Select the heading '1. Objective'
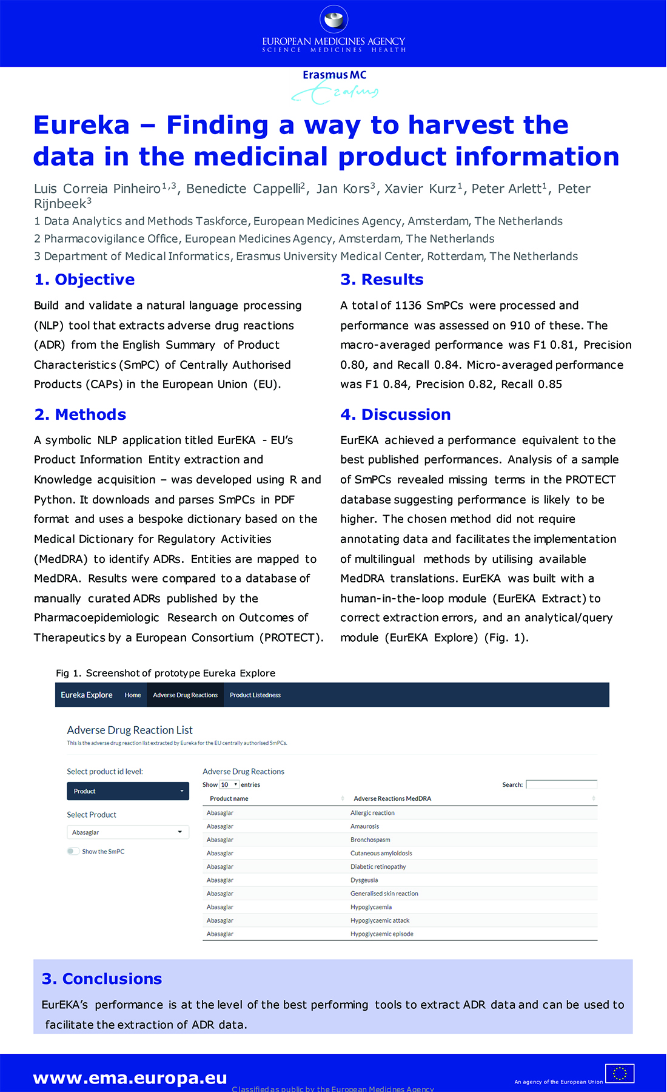click(84, 280)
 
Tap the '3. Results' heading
click(382, 280)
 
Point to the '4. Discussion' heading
click(395, 414)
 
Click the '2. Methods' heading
click(80, 414)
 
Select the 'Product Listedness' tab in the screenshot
click(255, 695)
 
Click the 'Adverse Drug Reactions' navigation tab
click(185, 695)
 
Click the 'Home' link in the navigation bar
click(133, 695)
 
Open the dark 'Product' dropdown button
click(128, 791)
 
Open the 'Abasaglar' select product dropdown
click(128, 832)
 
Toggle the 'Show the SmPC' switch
click(73, 851)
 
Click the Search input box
click(561, 784)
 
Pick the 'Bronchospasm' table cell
click(370, 840)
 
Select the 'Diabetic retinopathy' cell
click(378, 866)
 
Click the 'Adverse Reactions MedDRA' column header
click(392, 798)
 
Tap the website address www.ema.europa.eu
click(130, 1077)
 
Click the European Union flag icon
click(620, 1073)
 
